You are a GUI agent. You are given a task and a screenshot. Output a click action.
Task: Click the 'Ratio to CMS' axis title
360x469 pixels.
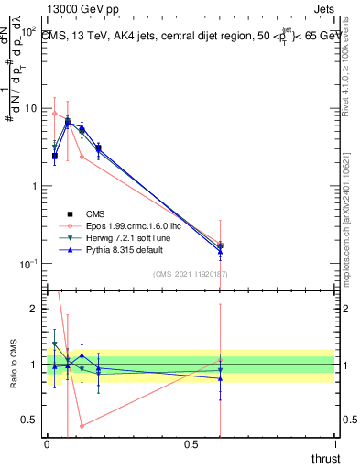[13, 364]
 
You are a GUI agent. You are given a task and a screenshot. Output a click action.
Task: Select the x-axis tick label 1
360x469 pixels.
[334, 443]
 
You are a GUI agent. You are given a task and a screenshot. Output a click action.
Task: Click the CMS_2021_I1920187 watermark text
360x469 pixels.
[191, 274]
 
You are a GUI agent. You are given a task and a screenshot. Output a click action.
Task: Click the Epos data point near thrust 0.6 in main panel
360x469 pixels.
[220, 244]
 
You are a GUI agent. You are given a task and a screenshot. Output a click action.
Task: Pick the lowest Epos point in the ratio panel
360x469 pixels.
[82, 425]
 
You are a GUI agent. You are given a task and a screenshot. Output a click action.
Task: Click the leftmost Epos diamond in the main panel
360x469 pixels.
[55, 114]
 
